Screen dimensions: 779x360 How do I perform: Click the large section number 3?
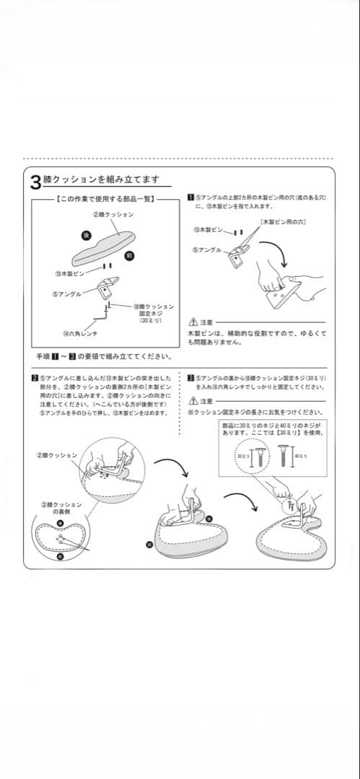35,181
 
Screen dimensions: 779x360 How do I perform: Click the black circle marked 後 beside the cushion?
85,235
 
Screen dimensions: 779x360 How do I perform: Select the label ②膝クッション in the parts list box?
113,214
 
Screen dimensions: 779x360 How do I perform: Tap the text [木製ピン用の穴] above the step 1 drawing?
283,221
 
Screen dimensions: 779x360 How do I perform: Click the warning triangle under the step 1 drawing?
193,322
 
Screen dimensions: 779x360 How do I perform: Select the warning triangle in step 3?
193,401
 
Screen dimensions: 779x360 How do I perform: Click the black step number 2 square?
35,377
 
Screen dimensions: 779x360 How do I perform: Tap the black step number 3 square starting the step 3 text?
190,377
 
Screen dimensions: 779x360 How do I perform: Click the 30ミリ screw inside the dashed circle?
253,457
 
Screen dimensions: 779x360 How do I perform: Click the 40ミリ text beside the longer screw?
301,457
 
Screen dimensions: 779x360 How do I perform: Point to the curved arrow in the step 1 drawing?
276,255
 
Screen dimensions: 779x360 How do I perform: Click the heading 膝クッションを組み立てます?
101,180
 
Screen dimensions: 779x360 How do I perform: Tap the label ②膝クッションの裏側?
61,507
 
